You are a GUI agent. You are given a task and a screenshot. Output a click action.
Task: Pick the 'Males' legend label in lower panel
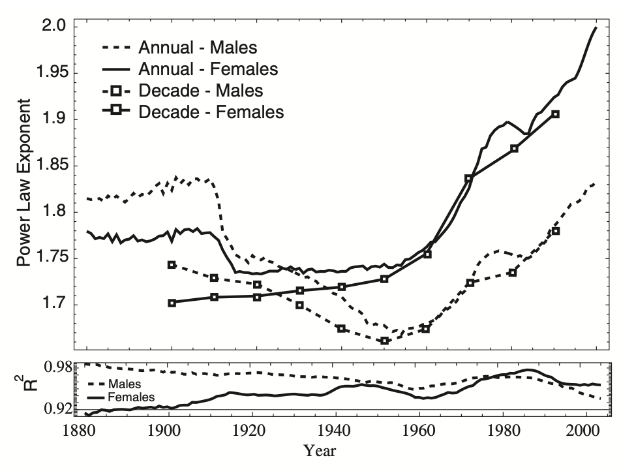[x=127, y=384]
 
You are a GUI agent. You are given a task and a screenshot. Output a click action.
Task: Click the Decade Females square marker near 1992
[x=556, y=114]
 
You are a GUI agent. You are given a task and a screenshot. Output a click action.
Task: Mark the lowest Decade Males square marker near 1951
[x=385, y=341]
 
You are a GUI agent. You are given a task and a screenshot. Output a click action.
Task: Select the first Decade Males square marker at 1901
[x=172, y=265]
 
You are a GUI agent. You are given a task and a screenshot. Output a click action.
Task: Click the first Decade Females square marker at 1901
[x=172, y=303]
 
